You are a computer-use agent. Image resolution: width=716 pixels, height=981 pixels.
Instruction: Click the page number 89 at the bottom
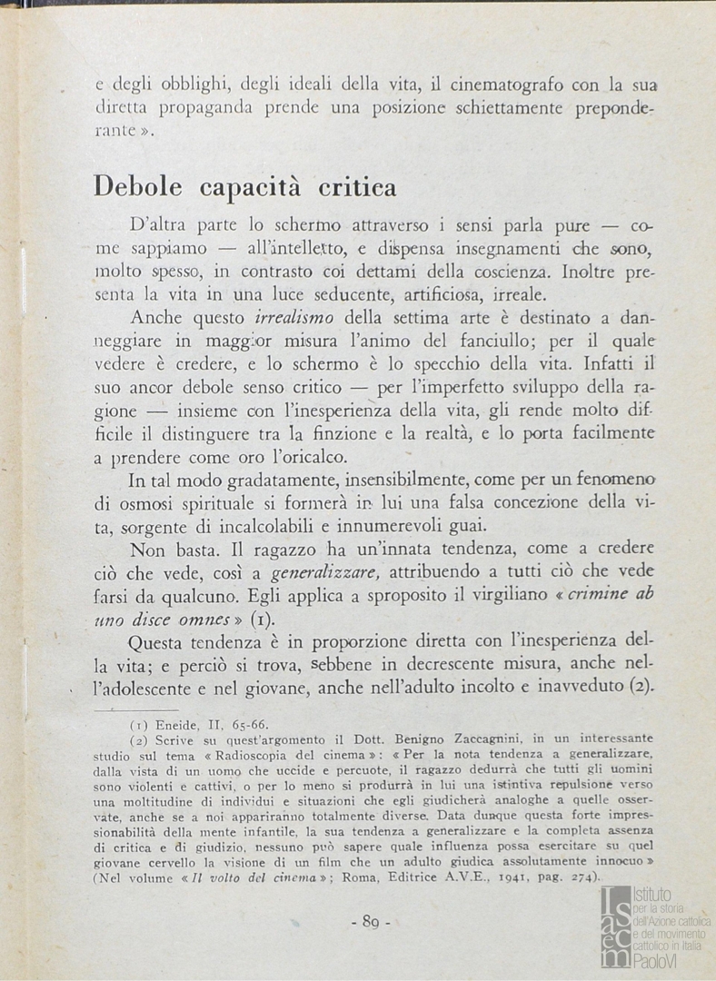point(369,923)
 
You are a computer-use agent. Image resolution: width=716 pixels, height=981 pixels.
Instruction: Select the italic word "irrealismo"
point(289,318)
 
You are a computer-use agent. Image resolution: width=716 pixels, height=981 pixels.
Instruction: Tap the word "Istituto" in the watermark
point(653,895)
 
